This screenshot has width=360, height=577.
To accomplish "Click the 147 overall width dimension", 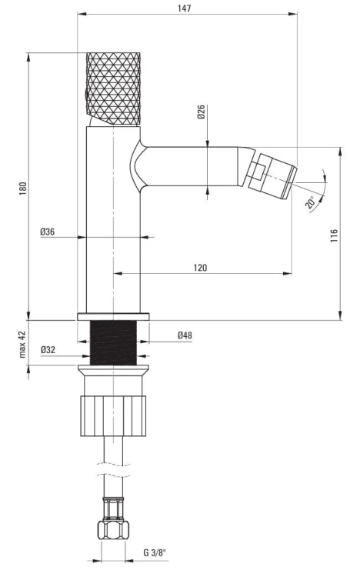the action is point(185,8).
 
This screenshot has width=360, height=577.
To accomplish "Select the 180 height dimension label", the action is point(23,188).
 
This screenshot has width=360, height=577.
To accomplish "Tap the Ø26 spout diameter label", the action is point(201,112).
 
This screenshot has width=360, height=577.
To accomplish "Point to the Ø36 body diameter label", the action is point(48,232).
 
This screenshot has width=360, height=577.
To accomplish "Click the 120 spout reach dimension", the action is point(200,268).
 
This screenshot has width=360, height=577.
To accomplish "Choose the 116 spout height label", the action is point(334,235).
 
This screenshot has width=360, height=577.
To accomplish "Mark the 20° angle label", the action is point(310,202).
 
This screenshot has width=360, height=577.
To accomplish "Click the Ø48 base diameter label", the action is point(185,335).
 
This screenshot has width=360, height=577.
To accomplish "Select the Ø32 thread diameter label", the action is point(48,349).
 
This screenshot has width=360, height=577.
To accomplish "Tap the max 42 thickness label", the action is point(22,344).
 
